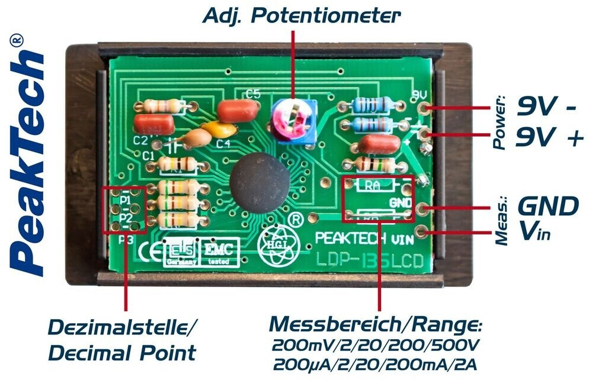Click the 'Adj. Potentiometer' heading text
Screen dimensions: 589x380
click(301, 15)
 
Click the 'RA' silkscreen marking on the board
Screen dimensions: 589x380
click(372, 185)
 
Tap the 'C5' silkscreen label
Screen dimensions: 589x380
click(253, 93)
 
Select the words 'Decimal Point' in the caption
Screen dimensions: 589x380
click(121, 353)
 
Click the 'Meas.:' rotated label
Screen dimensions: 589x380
click(501, 222)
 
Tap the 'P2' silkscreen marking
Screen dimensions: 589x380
click(125, 217)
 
